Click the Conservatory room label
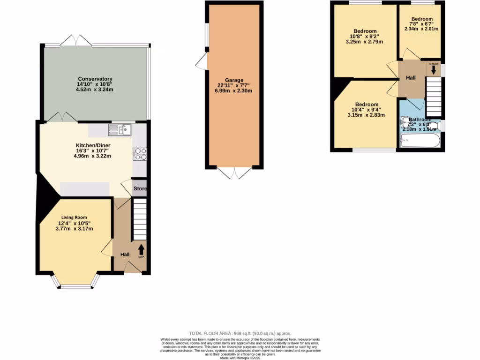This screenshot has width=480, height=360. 95,79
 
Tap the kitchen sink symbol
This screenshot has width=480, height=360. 121,129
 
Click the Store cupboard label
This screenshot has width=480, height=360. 140,189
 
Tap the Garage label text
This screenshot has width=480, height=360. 233,80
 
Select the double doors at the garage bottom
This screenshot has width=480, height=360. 233,173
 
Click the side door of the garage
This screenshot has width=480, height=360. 201,61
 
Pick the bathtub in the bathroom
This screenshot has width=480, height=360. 420,140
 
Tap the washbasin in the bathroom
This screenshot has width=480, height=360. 405,123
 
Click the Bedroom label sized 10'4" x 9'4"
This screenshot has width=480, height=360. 367,104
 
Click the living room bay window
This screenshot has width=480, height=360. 75,284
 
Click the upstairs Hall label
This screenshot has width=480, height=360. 411,77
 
